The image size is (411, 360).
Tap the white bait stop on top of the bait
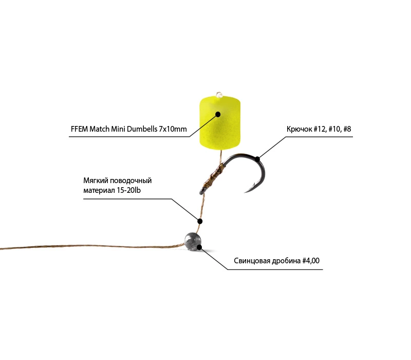(219, 95)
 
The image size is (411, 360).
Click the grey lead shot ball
(193, 241)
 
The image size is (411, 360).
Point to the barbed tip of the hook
(246, 192)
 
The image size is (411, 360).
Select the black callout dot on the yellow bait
(218, 114)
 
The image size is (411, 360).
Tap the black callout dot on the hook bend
(258, 159)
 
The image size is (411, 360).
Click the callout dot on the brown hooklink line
(200, 221)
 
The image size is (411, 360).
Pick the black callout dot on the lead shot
(199, 247)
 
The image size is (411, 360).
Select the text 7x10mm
(173, 129)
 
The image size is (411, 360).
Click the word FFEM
(79, 129)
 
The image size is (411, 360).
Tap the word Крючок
(298, 129)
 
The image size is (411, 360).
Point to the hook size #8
(347, 129)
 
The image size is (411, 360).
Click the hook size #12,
(320, 129)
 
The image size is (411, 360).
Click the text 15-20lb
(129, 190)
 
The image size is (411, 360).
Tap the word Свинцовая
(252, 261)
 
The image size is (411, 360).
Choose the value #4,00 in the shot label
(311, 261)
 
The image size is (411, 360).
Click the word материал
(99, 190)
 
